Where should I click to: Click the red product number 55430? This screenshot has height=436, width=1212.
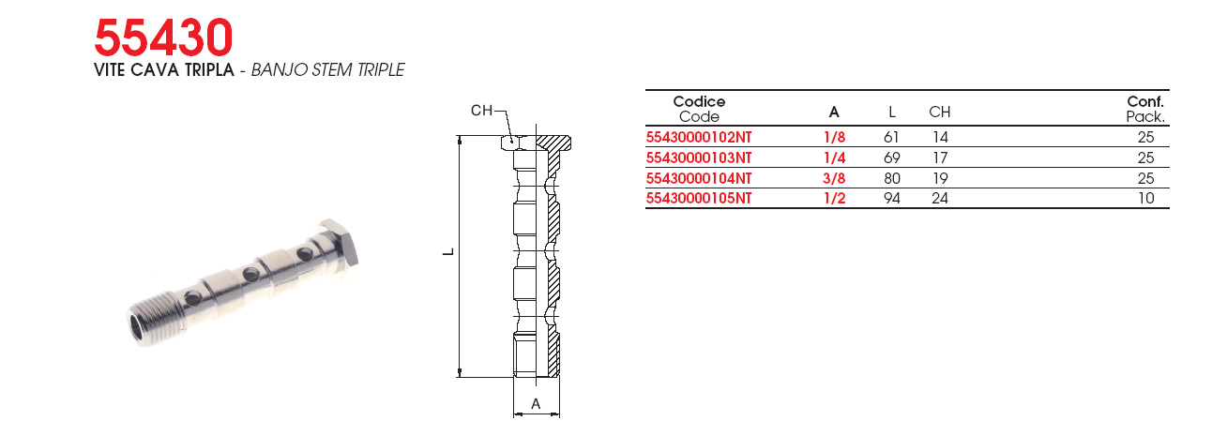coord(163,38)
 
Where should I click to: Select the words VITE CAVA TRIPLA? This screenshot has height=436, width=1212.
coord(164,69)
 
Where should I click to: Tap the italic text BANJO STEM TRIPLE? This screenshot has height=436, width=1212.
coord(328,69)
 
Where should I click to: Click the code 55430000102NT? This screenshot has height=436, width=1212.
coord(699,138)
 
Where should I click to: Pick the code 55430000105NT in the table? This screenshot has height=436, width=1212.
coord(699,199)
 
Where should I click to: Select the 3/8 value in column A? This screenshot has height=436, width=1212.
coord(834,178)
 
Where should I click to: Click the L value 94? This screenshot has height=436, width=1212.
coord(892,199)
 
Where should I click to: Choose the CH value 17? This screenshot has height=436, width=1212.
coord(940,158)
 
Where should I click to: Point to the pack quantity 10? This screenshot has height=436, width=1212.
coord(1145,199)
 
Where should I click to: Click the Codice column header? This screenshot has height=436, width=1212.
coord(699,101)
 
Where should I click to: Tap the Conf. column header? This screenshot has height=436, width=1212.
coord(1145,101)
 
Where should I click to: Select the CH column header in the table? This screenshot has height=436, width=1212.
coord(939,112)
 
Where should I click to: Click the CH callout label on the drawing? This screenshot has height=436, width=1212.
coord(481,111)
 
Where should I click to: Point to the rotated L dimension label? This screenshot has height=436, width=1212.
coord(448,252)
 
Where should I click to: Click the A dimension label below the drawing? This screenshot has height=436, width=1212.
coord(536,403)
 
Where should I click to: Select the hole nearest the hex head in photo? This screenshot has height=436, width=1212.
coord(305,252)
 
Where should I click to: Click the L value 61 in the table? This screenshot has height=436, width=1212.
coord(891,138)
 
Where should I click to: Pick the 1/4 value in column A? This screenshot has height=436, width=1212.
coord(834,158)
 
